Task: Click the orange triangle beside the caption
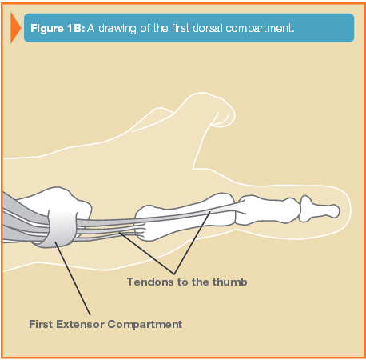tap(15, 28)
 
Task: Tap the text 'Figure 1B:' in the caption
tap(58, 28)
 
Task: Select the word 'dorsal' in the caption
tap(208, 28)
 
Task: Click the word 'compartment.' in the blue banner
tap(260, 29)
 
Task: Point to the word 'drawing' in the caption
tap(117, 29)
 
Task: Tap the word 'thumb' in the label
tap(230, 282)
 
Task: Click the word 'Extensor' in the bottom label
tap(80, 324)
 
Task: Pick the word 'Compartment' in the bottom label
tap(145, 325)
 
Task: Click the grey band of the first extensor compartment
tap(62, 229)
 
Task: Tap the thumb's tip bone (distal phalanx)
tap(320, 209)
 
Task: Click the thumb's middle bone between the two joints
tap(267, 210)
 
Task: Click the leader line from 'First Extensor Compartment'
tap(73, 278)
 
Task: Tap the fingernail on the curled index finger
tap(223, 119)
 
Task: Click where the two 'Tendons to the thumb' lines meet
tap(174, 274)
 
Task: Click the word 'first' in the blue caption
tap(181, 28)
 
